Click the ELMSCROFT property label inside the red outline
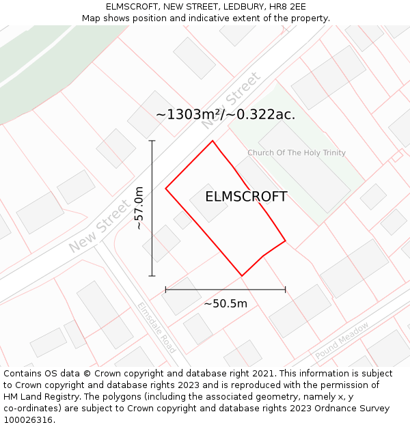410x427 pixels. pos(246,197)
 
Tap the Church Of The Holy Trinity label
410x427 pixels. pos(297,153)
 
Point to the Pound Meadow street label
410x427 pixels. pos(342,340)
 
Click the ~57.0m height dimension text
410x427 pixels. pos(139,208)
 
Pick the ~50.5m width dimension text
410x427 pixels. pos(225,303)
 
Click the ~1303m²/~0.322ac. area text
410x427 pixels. pos(225,115)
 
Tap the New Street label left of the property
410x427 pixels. pos(99,226)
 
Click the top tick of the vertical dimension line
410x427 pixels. pos(152,141)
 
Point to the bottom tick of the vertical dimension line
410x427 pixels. pos(152,276)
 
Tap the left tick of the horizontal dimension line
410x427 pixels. pos(165,290)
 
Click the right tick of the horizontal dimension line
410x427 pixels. pos(285,290)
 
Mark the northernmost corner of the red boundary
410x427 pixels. pos(213,141)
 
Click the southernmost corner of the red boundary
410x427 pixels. pos(242,276)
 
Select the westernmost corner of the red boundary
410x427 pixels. pos(165,188)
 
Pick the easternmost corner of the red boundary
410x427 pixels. pos(285,240)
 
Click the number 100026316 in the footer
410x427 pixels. pos(28,419)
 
